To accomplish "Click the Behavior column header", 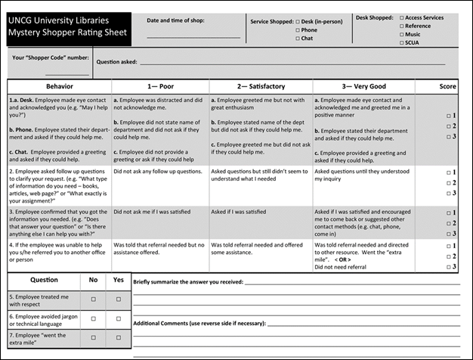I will tap(59, 87).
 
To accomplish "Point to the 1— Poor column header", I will tap(159, 87).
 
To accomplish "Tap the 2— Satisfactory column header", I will tap(259, 87).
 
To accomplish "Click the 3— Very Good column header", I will tap(357, 87).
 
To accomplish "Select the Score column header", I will tap(447, 87).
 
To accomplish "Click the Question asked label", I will tap(116, 61).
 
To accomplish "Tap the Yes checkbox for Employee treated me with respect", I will tap(118, 299).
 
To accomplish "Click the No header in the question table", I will tap(94, 279).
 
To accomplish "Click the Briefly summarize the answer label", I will tap(188, 281).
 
